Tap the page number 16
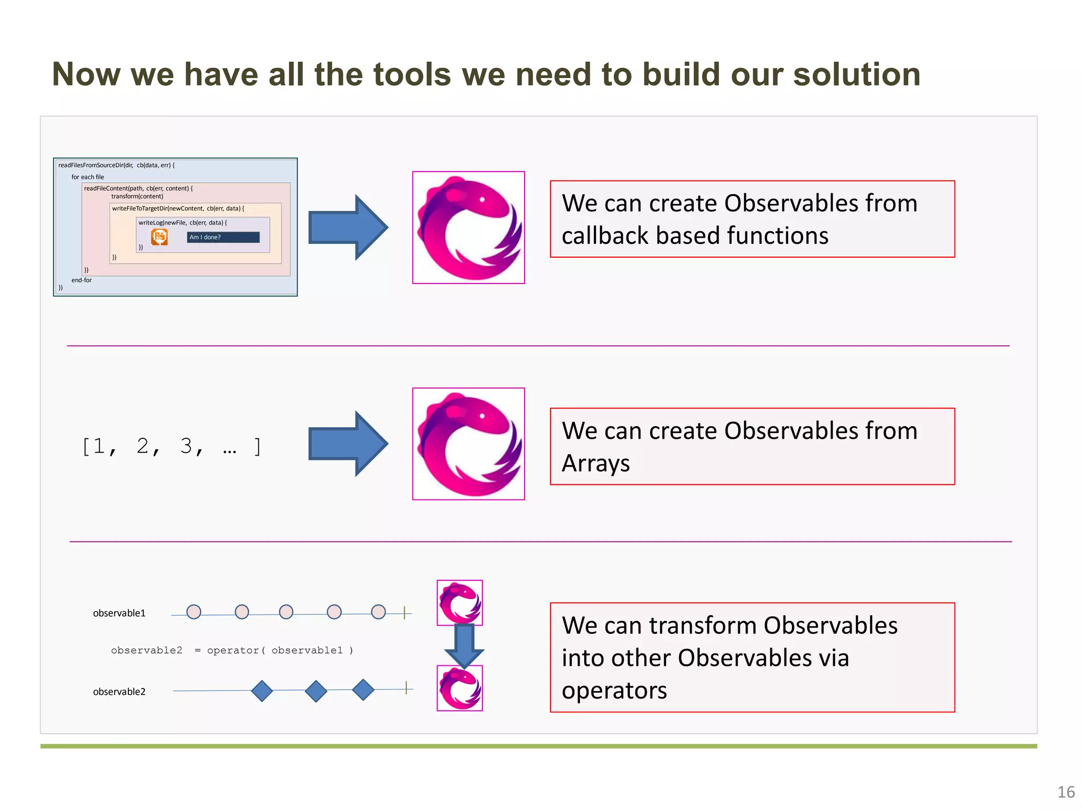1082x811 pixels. click(1066, 792)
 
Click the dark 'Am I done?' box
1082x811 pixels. click(223, 238)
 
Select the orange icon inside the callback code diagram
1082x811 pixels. click(159, 237)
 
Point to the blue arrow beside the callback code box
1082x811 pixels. click(348, 228)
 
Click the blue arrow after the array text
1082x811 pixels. click(348, 444)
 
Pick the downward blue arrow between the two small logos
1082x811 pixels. click(464, 646)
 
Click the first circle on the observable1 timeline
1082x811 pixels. click(194, 612)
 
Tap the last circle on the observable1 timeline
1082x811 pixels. click(378, 612)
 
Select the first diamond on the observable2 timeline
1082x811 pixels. click(262, 691)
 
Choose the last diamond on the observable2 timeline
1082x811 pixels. click(363, 690)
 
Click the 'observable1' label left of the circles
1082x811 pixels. click(119, 613)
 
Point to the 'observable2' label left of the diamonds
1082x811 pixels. click(119, 692)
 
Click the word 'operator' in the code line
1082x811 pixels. click(233, 650)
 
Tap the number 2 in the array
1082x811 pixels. click(143, 446)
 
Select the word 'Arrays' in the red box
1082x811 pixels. click(595, 464)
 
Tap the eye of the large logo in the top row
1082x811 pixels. click(482, 200)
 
